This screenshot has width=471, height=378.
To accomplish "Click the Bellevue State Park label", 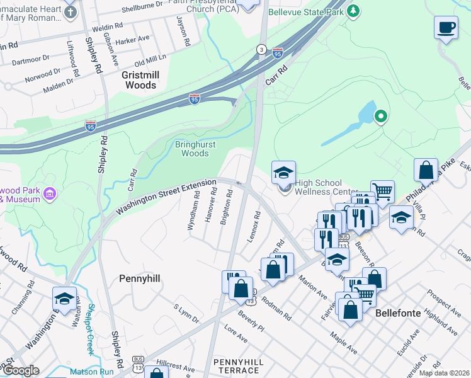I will pyautogui.click(x=306, y=12).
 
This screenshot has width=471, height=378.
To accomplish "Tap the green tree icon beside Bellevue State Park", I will pyautogui.click(x=355, y=11).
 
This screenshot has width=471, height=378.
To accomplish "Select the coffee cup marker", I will pyautogui.click(x=446, y=28).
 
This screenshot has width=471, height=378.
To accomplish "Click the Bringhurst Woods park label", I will pyautogui.click(x=191, y=149).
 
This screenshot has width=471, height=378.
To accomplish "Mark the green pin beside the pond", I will pyautogui.click(x=380, y=116).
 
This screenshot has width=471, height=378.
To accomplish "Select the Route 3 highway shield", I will pyautogui.click(x=261, y=49).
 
